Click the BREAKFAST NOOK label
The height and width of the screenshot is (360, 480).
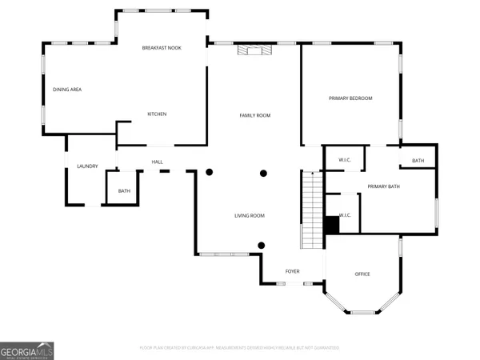[x=162, y=48]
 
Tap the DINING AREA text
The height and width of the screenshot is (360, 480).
[x=67, y=90]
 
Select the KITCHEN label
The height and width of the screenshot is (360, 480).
[x=157, y=114]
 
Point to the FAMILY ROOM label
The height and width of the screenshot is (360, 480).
[x=255, y=116]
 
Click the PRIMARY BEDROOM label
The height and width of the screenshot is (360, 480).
[x=350, y=98]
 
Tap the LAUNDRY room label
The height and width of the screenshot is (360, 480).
[x=87, y=166]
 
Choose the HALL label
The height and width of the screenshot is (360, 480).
[x=158, y=162]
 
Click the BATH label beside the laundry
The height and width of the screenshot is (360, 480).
[x=124, y=191]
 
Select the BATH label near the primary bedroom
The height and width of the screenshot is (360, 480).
[x=418, y=162]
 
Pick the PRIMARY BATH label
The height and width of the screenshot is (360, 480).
[x=383, y=186]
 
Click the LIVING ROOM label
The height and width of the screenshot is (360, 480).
[x=249, y=216]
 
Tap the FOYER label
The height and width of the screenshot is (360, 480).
[x=293, y=271]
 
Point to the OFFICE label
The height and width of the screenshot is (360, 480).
[x=362, y=274]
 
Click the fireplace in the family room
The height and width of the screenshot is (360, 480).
[x=254, y=50]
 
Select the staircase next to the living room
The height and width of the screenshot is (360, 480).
[x=312, y=212]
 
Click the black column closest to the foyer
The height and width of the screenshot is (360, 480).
[x=261, y=246]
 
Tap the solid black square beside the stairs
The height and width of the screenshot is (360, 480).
[x=331, y=225]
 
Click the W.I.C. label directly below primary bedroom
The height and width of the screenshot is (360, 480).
[x=345, y=160]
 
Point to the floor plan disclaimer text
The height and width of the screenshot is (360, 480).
[x=240, y=348]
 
